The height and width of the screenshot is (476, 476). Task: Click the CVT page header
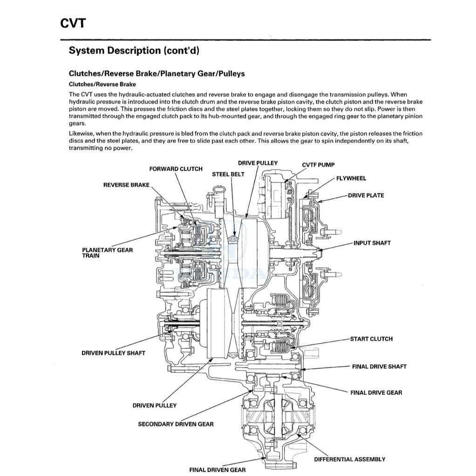(73, 23)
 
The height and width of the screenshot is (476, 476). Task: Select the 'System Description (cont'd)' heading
(134, 51)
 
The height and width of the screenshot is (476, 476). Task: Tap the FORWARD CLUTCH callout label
(176, 169)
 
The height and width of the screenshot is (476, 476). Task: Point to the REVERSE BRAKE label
(126, 185)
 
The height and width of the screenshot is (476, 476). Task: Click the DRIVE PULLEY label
(258, 163)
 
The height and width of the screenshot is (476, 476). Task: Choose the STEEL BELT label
(228, 174)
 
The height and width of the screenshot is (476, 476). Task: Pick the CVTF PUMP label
(318, 165)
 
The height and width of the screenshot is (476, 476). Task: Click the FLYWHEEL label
(351, 178)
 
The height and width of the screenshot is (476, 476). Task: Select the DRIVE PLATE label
(366, 195)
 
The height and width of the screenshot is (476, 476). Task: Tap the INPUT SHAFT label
(372, 243)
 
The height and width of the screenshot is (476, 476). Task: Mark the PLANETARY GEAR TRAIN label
(107, 253)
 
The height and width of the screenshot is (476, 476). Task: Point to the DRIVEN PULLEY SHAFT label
(113, 353)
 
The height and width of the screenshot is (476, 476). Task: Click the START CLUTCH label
(371, 339)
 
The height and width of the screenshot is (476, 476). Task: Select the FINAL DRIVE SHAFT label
(379, 367)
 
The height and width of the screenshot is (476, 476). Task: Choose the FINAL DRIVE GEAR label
(376, 393)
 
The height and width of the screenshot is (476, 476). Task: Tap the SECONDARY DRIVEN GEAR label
(176, 424)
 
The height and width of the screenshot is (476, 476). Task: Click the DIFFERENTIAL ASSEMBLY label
(349, 459)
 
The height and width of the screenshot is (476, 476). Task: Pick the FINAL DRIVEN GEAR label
(217, 470)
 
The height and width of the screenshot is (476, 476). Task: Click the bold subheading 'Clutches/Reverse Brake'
(102, 84)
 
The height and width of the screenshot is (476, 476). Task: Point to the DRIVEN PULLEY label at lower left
(154, 405)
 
